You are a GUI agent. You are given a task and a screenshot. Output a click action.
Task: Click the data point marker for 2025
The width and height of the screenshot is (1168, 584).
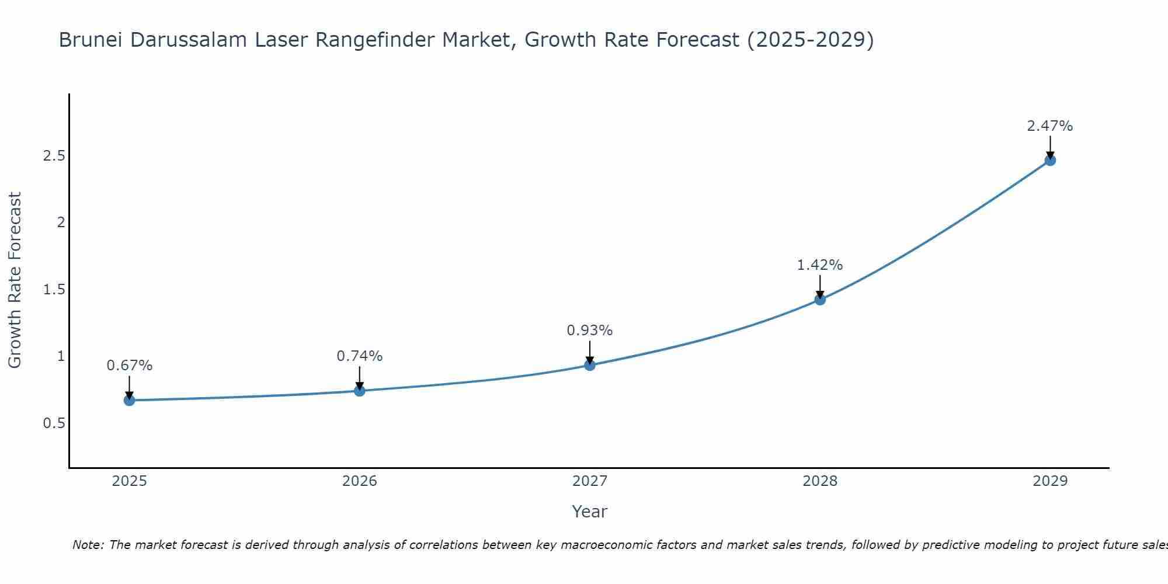point(130,400)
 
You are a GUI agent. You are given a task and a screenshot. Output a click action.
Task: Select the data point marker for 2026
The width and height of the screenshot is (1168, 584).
point(360,391)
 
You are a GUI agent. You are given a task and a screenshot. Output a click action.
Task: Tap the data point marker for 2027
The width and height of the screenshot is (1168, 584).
point(590,365)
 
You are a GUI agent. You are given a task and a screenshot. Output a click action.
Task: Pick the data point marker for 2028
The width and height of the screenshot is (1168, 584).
point(820,300)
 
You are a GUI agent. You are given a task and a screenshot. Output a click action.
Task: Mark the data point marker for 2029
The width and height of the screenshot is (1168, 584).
point(1050,160)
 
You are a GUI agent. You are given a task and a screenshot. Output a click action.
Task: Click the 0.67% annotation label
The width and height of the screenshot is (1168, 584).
point(130,366)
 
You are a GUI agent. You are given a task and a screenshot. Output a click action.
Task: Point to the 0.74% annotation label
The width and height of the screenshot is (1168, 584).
point(360,356)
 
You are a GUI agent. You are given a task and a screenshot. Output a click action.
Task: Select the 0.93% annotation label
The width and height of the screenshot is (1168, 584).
point(590,331)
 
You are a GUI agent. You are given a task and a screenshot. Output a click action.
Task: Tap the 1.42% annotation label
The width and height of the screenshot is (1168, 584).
point(820,265)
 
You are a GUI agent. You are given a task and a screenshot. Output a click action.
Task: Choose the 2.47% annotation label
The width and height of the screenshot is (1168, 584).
point(1050,126)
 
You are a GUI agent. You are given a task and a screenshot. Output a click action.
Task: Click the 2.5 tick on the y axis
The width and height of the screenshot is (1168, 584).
point(54,156)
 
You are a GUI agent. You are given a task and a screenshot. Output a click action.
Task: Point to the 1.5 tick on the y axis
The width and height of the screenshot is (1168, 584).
point(54,290)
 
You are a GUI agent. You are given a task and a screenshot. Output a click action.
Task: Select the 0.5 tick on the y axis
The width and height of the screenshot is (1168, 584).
point(54,423)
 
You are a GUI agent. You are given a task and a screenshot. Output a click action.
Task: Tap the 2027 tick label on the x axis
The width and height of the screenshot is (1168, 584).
point(590,481)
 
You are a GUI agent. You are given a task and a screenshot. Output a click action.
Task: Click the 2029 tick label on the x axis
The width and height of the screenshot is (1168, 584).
point(1050,481)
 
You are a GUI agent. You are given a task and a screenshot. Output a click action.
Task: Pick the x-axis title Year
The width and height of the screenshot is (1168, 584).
point(590,512)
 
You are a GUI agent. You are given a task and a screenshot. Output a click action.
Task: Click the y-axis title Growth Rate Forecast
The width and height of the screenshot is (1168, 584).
point(15,280)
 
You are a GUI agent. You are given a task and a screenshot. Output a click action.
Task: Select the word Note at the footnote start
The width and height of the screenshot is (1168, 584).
point(88,545)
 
